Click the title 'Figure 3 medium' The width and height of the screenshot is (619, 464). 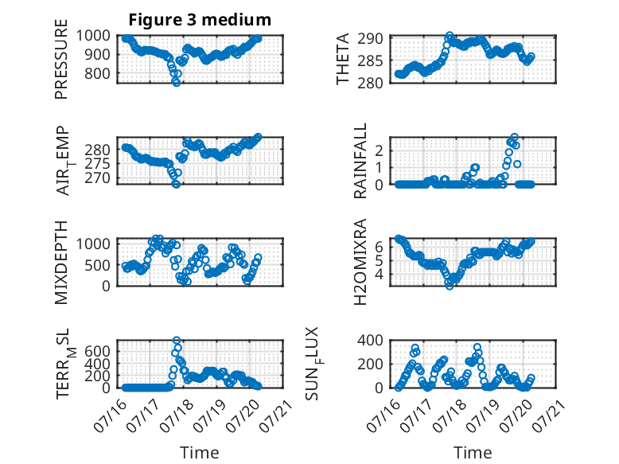(200, 20)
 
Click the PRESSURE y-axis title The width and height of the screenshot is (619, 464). (61, 59)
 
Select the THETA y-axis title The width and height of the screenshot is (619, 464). (343, 59)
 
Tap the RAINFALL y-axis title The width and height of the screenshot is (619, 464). (360, 161)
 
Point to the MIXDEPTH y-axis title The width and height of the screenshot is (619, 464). (61, 263)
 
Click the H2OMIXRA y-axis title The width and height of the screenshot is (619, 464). (360, 262)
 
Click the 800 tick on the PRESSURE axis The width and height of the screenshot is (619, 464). (97, 73)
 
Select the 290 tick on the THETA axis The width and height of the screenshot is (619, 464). (370, 39)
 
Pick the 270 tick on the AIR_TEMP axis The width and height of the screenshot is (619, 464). (97, 178)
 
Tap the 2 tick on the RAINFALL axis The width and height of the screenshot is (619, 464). (379, 150)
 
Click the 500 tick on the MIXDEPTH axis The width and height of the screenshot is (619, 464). (97, 265)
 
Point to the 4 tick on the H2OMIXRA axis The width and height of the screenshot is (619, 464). (379, 274)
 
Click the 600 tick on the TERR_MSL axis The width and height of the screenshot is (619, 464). (97, 351)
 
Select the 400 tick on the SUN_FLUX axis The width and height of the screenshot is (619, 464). (370, 340)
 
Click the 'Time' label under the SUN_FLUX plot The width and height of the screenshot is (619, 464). (473, 453)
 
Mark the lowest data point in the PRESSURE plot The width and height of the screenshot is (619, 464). (176, 82)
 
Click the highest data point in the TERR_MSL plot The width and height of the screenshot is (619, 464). (177, 341)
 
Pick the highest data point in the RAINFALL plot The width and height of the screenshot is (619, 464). (514, 137)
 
